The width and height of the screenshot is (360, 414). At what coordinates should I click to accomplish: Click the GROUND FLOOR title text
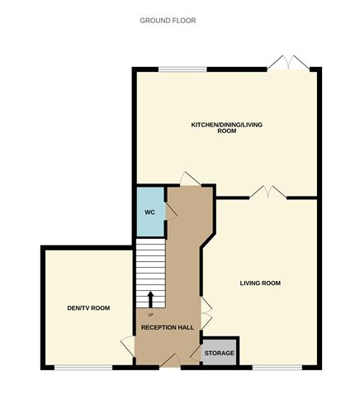(168, 19)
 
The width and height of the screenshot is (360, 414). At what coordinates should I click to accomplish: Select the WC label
(150, 212)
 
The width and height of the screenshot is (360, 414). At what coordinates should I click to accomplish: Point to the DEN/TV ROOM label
(88, 308)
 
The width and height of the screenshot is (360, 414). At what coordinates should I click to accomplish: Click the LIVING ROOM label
(260, 283)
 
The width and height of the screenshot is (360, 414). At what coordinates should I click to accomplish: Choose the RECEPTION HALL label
(168, 327)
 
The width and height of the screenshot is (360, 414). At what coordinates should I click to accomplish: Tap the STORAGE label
(220, 353)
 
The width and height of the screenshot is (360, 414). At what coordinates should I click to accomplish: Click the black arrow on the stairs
(151, 298)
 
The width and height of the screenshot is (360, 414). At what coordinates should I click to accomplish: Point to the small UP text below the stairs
(150, 315)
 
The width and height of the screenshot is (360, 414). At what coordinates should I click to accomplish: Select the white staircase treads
(151, 264)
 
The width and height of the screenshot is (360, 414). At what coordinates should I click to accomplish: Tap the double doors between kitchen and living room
(265, 193)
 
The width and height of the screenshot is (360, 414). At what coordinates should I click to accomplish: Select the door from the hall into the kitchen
(189, 179)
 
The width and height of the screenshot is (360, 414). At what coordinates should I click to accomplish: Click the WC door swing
(171, 212)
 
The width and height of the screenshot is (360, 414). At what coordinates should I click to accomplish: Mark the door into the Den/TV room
(128, 344)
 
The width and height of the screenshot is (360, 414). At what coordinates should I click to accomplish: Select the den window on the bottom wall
(83, 366)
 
